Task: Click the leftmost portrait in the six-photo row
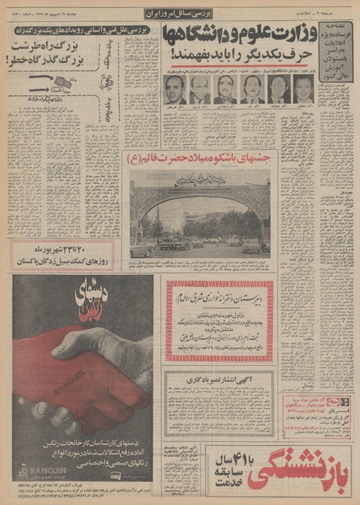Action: pos(178,90)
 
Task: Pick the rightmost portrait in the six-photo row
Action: pos(297,90)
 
